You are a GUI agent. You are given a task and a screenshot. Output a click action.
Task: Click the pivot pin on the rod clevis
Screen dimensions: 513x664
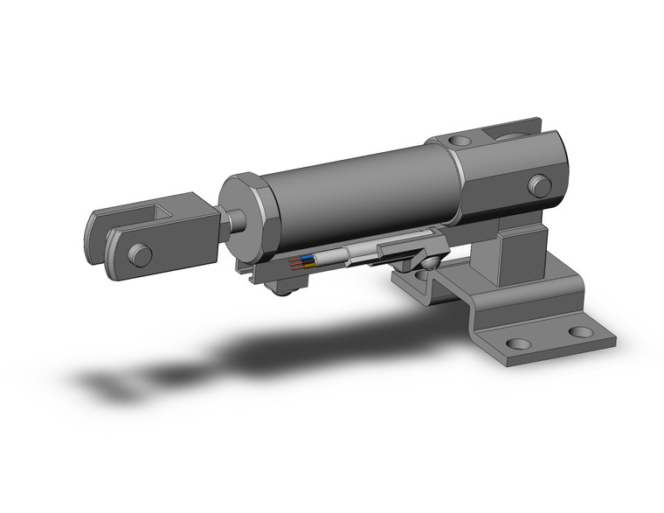pyautogui.click(x=138, y=254)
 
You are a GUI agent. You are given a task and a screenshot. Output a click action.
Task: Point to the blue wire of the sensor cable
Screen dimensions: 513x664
pyautogui.click(x=302, y=258)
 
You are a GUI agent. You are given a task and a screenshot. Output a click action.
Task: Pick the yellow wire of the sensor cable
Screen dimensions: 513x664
pyautogui.click(x=302, y=264)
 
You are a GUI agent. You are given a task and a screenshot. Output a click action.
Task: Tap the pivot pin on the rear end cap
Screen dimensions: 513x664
pyautogui.click(x=540, y=184)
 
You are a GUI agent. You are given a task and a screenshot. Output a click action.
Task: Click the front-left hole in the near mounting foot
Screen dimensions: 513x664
pyautogui.click(x=517, y=343)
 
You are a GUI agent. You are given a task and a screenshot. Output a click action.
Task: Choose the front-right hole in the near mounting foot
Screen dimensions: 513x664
pyautogui.click(x=579, y=333)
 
